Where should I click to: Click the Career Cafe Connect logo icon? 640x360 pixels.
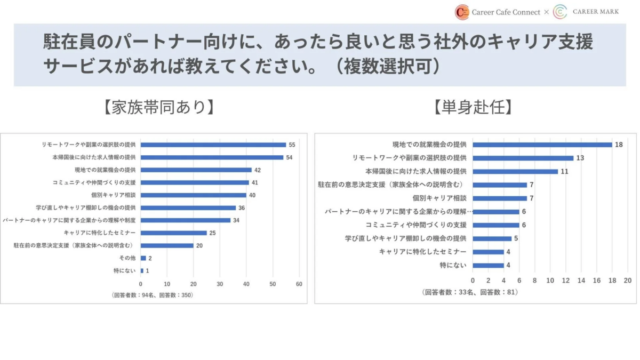tap(462, 12)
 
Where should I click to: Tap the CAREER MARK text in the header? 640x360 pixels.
tap(596, 11)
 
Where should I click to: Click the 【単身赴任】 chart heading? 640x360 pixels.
tap(473, 107)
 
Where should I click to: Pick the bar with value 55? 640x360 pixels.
tap(213, 145)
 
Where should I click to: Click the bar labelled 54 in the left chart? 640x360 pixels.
tap(212, 157)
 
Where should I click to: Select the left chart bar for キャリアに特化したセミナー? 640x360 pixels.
tap(173, 233)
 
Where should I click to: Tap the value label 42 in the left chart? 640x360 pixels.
tap(258, 170)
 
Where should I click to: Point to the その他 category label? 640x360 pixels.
tap(128, 258)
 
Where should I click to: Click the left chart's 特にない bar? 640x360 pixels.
tap(142, 271)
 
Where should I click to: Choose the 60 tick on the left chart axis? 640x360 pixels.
tap(299, 284)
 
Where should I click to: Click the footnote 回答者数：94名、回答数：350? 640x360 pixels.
tap(153, 295)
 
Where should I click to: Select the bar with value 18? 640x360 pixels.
tap(542, 145)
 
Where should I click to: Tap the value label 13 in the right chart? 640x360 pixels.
tap(580, 158)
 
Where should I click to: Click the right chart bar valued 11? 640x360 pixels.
tap(515, 171)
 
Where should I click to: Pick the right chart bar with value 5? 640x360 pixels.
tap(492, 238)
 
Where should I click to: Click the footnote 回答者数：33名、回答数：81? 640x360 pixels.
tap(469, 292)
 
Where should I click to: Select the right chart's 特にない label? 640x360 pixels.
tap(453, 265)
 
